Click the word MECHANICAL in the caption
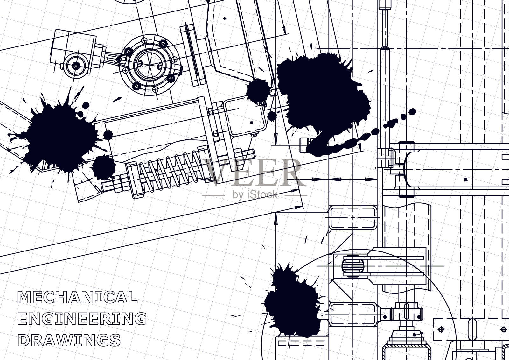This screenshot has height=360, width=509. [x=78, y=297]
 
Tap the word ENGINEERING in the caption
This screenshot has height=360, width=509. [x=82, y=318]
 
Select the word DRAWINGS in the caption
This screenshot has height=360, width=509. [x=69, y=340]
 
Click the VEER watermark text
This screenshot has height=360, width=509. [x=254, y=172]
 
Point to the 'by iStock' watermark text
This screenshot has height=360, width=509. [x=255, y=195]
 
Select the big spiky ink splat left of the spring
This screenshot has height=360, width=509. [x=60, y=137]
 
